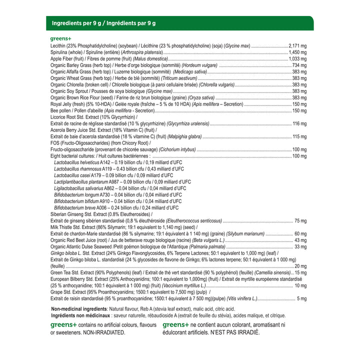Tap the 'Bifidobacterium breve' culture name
(75, 207)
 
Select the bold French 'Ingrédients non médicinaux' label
(80, 315)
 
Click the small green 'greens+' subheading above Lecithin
(61, 38)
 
